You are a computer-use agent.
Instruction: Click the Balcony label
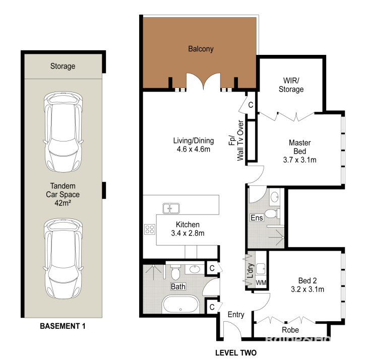click(x=201, y=49)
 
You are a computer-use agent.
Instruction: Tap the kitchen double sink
click(x=171, y=208)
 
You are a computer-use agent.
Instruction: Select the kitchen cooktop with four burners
click(x=150, y=229)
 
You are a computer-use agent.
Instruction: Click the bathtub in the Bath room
click(x=180, y=304)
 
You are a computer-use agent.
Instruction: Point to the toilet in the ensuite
click(x=272, y=214)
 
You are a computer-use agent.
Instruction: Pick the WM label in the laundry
click(x=261, y=282)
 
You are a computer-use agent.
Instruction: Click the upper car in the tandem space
click(x=63, y=132)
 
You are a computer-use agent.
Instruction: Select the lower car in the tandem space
click(x=63, y=259)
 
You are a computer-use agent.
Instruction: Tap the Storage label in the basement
click(x=63, y=66)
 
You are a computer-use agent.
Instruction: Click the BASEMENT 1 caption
click(x=63, y=326)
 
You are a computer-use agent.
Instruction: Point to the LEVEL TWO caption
click(x=236, y=352)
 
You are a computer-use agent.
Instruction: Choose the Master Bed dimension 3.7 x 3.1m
click(x=300, y=160)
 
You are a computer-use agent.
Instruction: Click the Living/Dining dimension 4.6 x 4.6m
click(x=194, y=149)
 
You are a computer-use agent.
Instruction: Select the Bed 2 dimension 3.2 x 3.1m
click(x=307, y=290)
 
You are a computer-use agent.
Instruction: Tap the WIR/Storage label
click(x=291, y=85)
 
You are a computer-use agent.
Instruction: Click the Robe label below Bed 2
click(x=290, y=330)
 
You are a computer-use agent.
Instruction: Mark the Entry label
click(x=236, y=315)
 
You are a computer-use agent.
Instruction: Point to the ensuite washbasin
click(x=274, y=197)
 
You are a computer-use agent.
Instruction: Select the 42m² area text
click(x=63, y=203)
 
